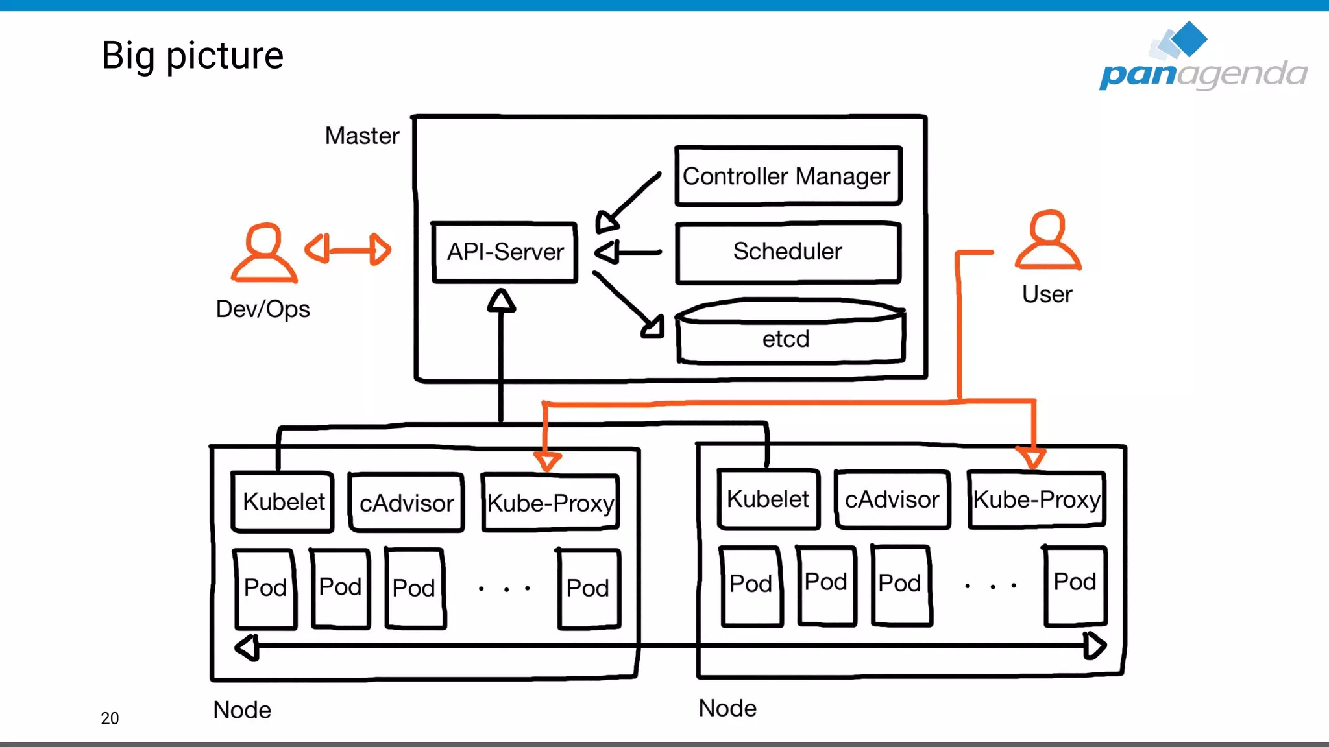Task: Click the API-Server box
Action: [x=505, y=252]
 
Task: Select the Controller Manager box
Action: [x=788, y=176]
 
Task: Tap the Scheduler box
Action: [x=788, y=252]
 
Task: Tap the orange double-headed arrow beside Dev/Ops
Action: [x=348, y=250]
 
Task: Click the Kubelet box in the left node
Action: [x=283, y=502]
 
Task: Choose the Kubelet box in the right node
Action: [x=768, y=499]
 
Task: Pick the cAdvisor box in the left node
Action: [x=407, y=503]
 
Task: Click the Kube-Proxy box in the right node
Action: [x=1036, y=499]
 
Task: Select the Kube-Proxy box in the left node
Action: [x=550, y=503]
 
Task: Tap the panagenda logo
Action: [x=1202, y=58]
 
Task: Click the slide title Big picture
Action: [x=193, y=56]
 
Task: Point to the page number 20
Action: [x=110, y=718]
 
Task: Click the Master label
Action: [x=361, y=136]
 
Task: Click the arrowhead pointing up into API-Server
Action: [x=502, y=302]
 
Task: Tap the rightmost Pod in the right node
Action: [x=1075, y=585]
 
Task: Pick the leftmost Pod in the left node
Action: [x=265, y=589]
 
